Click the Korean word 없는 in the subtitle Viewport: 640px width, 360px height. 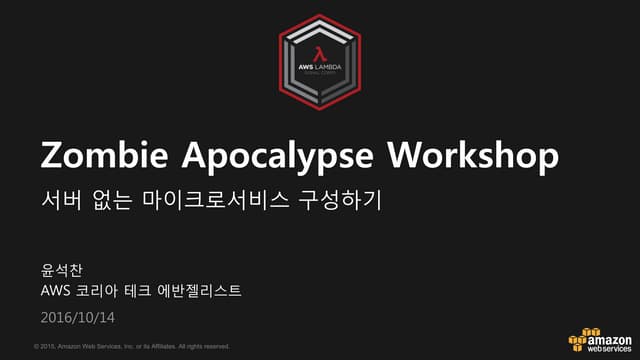click(114, 200)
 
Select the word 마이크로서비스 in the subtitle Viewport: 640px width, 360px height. click(214, 200)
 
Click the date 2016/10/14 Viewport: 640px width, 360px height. click(79, 317)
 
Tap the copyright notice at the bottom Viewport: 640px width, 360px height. click(131, 346)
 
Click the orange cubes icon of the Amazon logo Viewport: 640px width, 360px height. click(583, 339)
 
